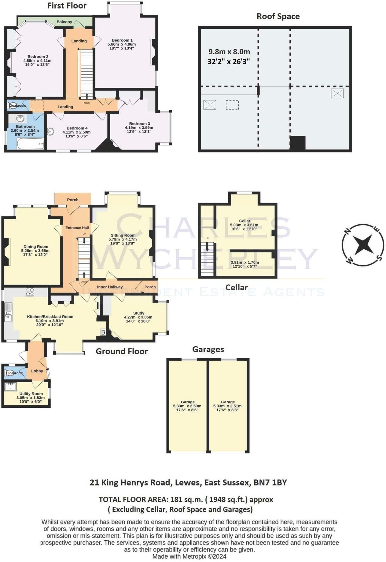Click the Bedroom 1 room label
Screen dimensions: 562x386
click(x=122, y=40)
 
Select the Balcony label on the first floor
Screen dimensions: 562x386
click(x=64, y=22)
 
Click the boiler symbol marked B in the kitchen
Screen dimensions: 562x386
click(x=103, y=332)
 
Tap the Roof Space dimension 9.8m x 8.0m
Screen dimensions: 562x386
click(x=229, y=52)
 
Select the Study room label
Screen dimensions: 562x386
click(x=139, y=313)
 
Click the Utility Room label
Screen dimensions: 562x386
click(x=31, y=394)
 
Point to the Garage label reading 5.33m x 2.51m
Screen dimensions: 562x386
click(x=228, y=406)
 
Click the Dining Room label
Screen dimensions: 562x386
click(x=36, y=247)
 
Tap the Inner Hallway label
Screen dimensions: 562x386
click(x=110, y=287)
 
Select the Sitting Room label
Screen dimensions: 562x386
click(x=123, y=235)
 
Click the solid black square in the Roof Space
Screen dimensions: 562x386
click(x=298, y=142)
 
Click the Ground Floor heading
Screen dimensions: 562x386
click(x=122, y=351)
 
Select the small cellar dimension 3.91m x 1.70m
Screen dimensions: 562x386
click(x=245, y=263)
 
